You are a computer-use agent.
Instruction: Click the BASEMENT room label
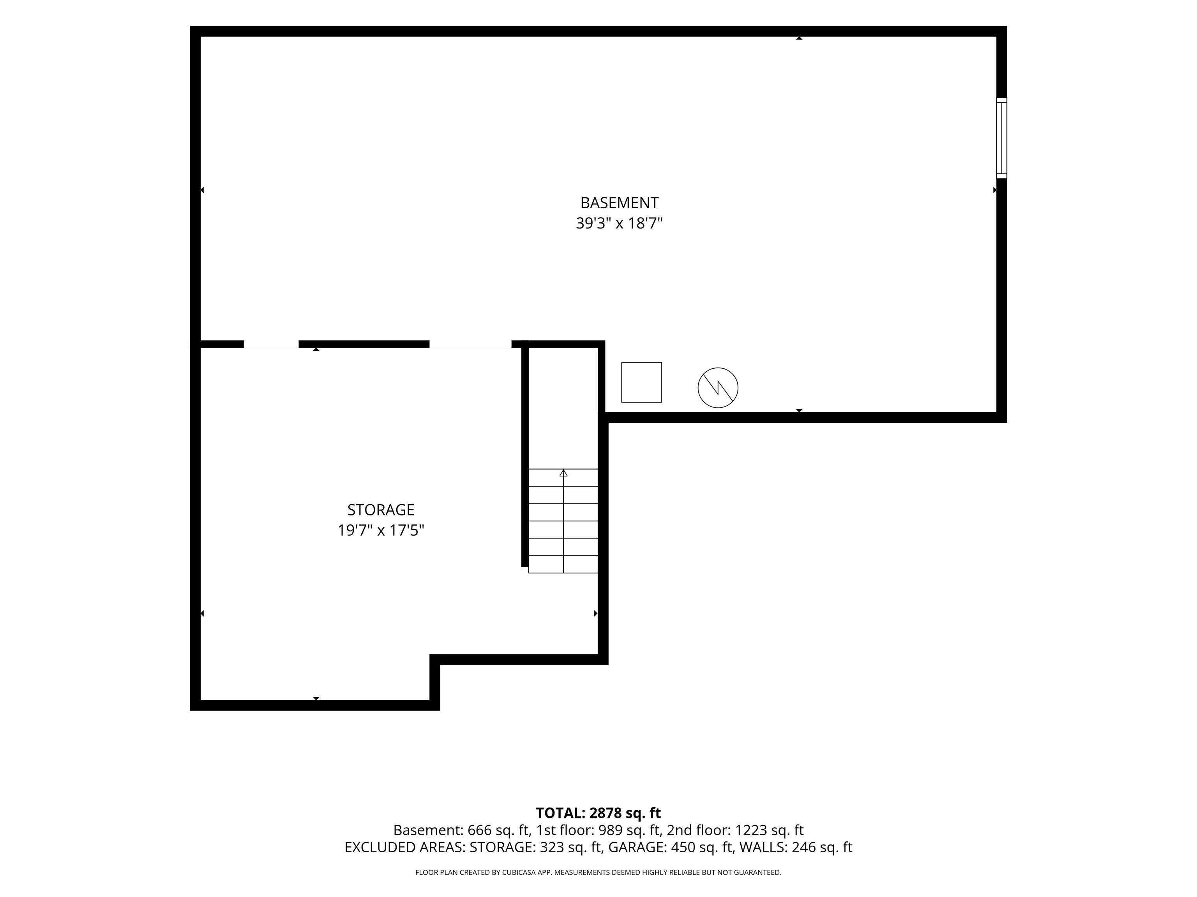619,203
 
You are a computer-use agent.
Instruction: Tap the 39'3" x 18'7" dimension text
619,223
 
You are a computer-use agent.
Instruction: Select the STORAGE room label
381,510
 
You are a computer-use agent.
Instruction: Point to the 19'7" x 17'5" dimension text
381,530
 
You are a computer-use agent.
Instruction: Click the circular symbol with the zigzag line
718,388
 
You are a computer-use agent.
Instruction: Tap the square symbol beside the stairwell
641,382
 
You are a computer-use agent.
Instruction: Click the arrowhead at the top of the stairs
563,473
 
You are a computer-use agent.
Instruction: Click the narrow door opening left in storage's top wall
271,345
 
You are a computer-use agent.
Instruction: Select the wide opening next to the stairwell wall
470,345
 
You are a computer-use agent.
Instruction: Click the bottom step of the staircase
563,565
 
